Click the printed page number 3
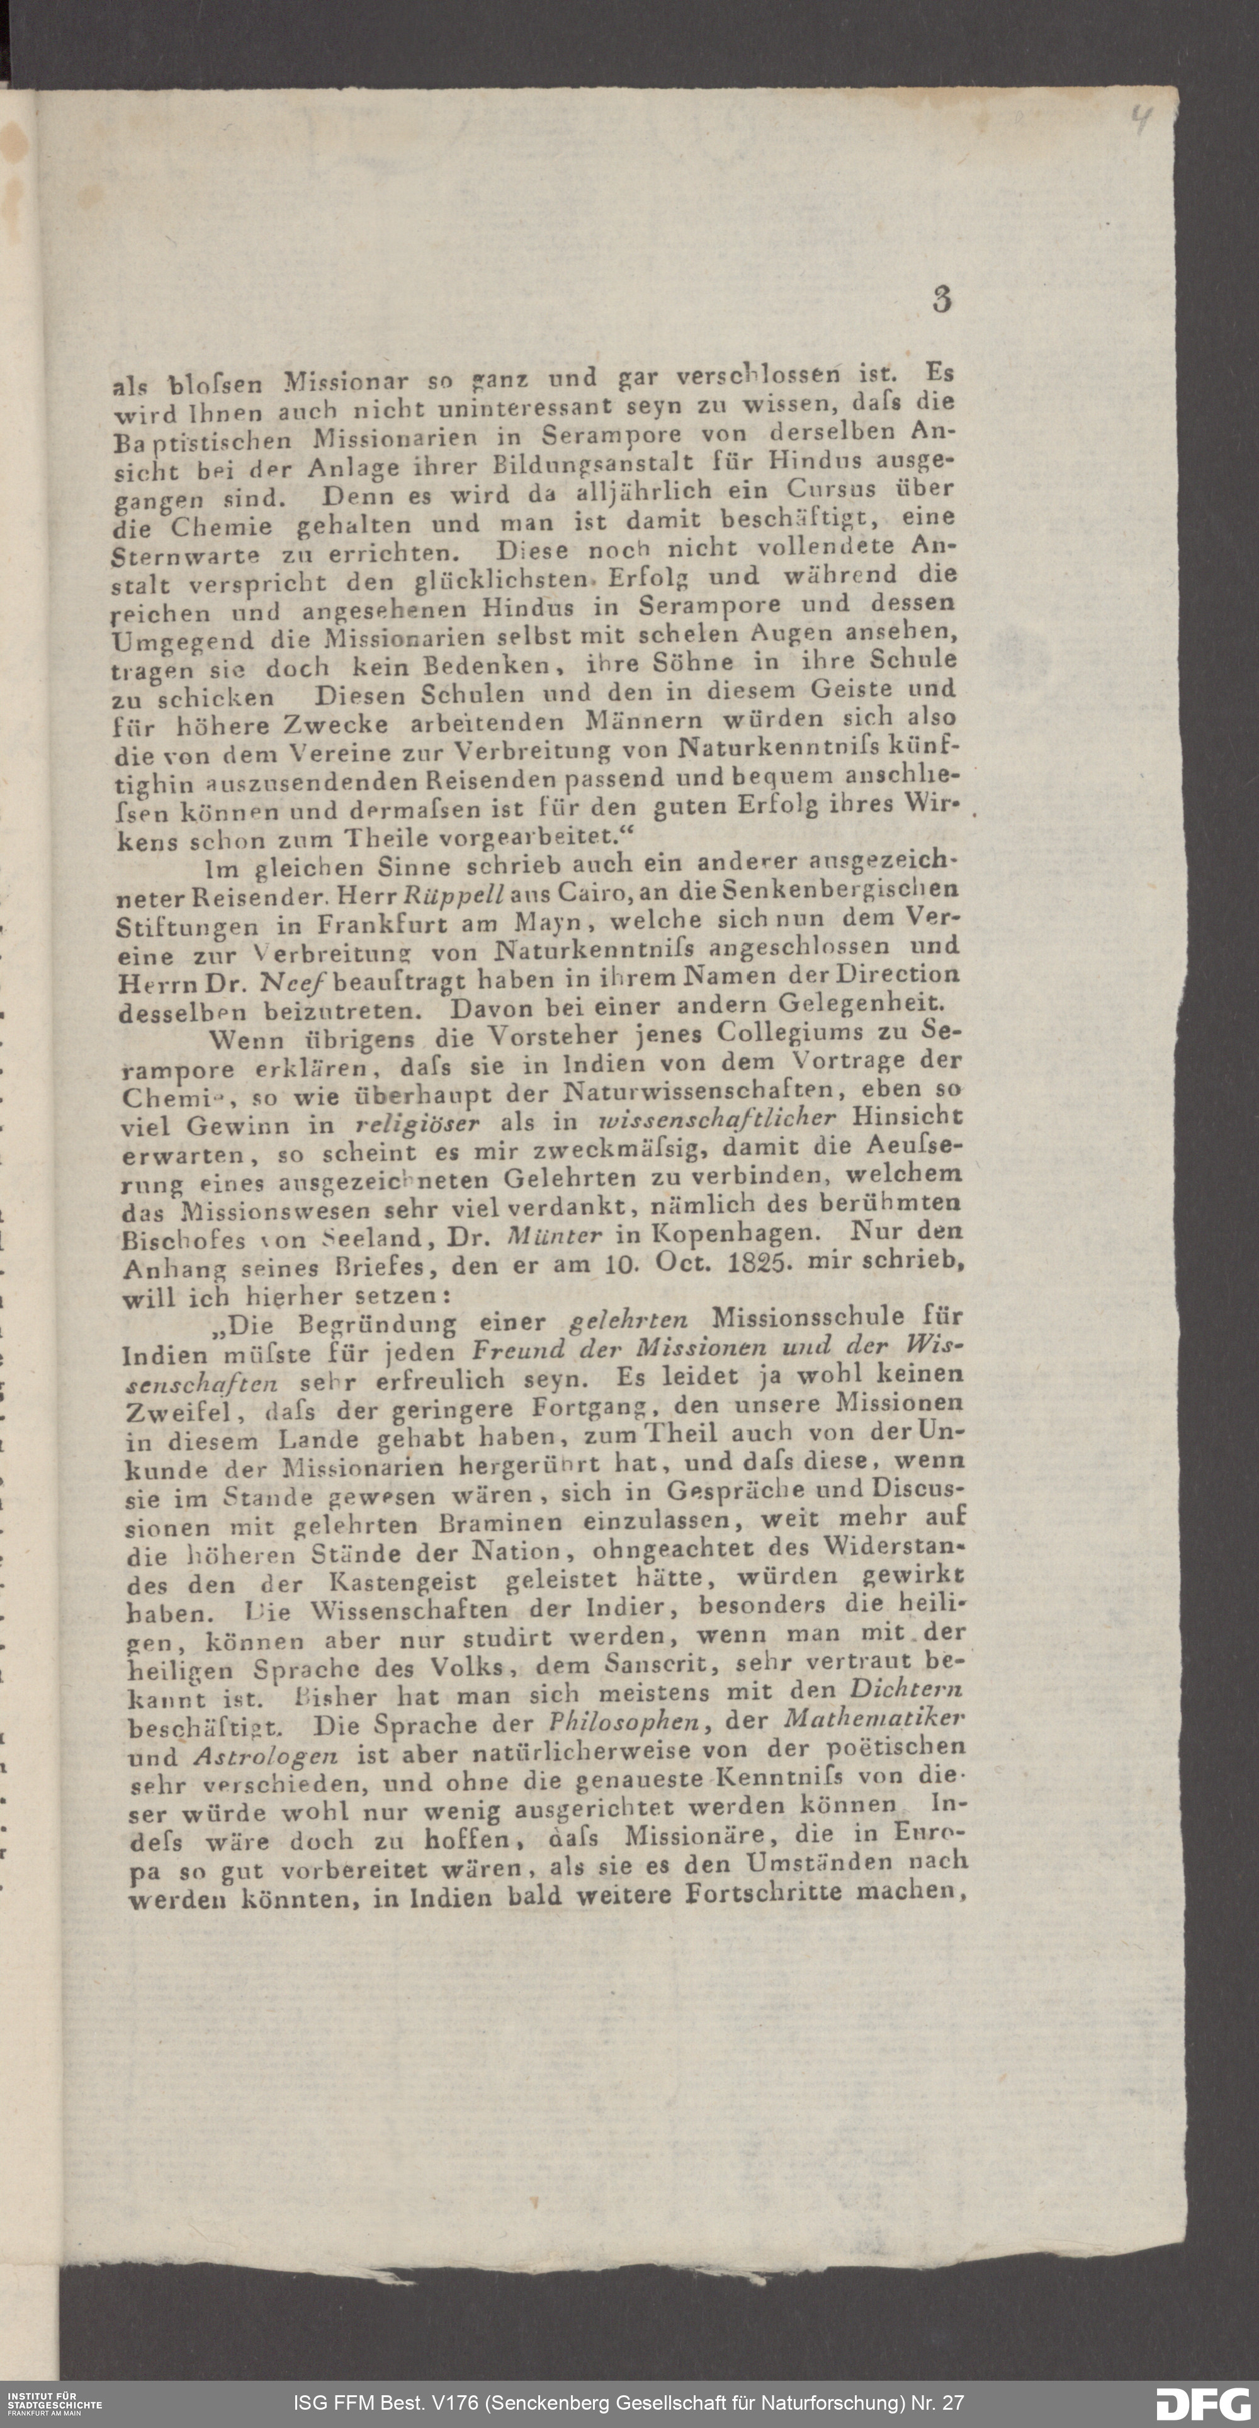[942, 300]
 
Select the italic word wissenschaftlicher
[717, 1119]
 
